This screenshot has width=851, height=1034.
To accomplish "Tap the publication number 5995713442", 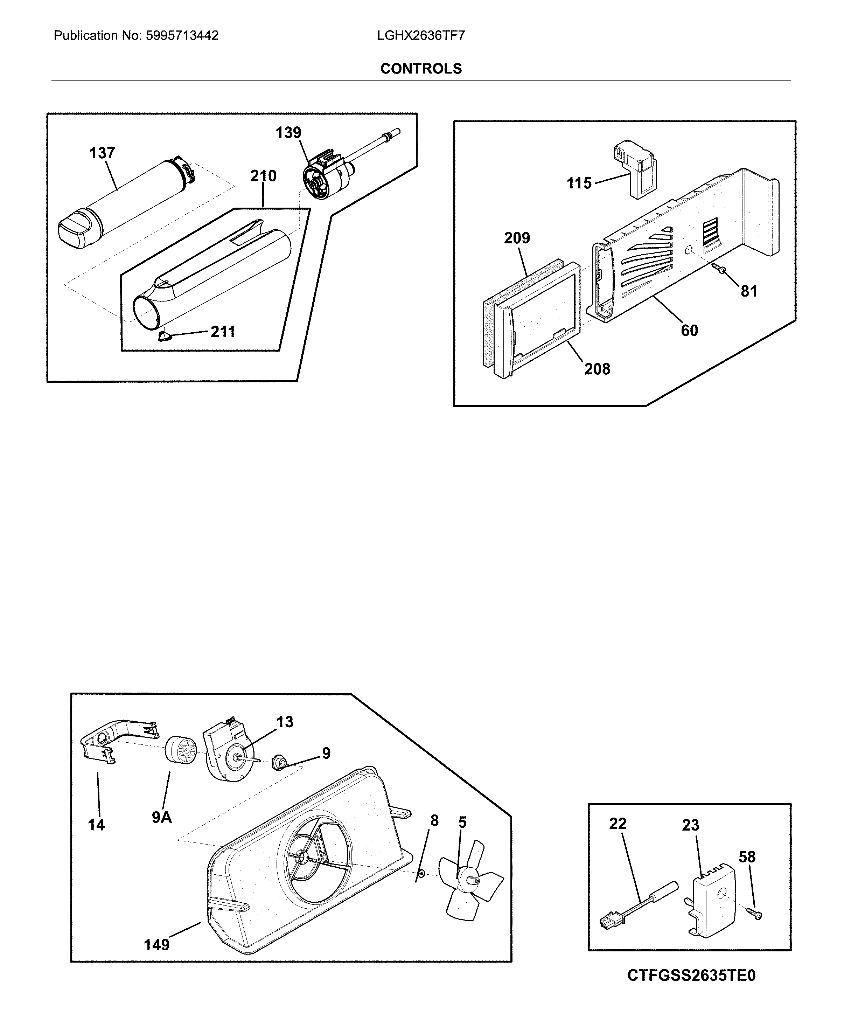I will pos(182,36).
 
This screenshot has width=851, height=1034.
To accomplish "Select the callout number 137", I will pos(102,153).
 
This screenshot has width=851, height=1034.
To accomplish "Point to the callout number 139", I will pos(288,132).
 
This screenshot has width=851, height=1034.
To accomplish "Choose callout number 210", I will pos(263,175).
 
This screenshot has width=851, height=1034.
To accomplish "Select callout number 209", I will pos(517,238).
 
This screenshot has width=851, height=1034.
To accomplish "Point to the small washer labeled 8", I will pos(420,874).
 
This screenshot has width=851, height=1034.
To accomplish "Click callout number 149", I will pos(156,944).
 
